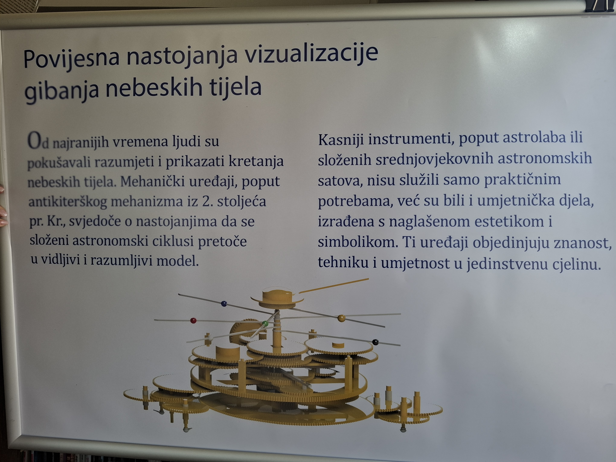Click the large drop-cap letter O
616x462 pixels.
point(35,141)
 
